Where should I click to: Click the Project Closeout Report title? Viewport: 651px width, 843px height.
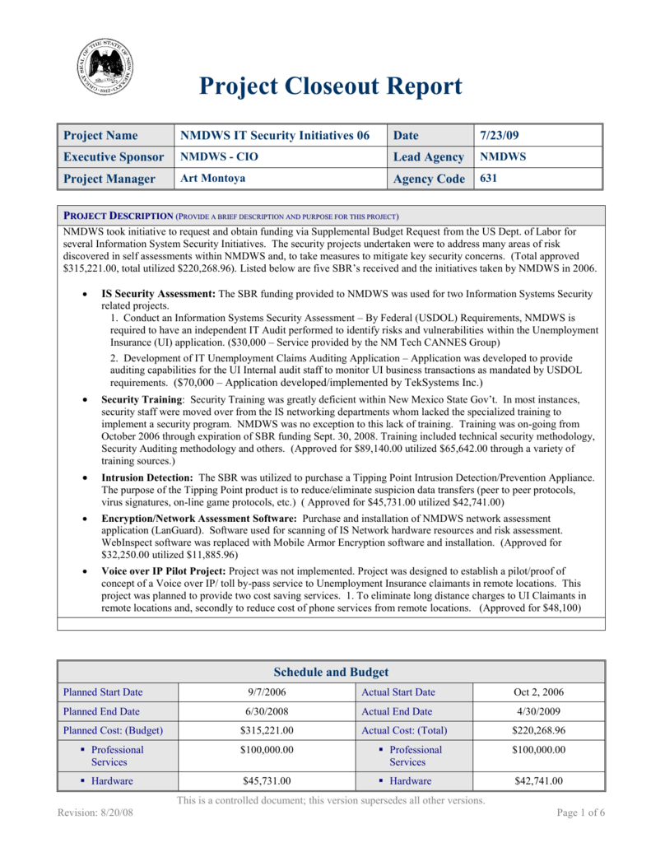click(x=330, y=86)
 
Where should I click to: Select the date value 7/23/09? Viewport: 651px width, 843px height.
click(x=499, y=135)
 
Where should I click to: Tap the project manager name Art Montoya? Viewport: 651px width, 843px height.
click(x=212, y=178)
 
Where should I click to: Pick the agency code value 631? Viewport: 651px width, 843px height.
click(x=489, y=178)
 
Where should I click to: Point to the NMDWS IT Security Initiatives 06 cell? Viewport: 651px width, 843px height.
click(x=275, y=135)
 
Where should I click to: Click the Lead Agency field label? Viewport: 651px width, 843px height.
click(x=429, y=156)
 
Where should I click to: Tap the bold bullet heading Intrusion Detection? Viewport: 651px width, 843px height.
click(x=146, y=477)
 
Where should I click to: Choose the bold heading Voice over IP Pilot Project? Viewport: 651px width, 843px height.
click(x=163, y=571)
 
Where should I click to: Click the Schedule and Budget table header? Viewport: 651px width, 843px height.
click(x=330, y=672)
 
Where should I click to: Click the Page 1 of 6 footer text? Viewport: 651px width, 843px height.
click(x=581, y=813)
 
